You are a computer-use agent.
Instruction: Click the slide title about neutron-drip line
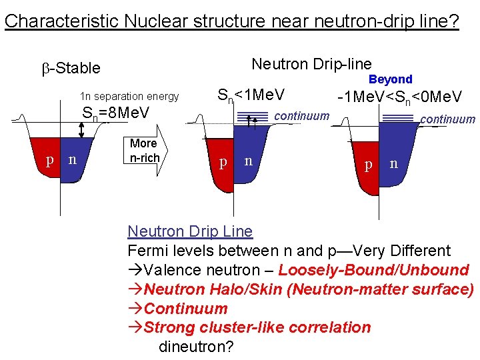231,21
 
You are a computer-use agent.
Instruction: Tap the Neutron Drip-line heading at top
311,64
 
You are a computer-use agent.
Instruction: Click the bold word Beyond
391,79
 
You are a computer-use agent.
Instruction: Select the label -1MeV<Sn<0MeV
399,97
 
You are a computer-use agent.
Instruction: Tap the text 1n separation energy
129,96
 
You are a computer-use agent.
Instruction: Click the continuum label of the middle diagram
302,116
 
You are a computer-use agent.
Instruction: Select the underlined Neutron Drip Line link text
190,231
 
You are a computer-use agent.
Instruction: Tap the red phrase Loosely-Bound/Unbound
373,270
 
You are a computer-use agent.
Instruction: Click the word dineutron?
196,347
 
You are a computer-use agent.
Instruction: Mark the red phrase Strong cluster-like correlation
257,327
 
